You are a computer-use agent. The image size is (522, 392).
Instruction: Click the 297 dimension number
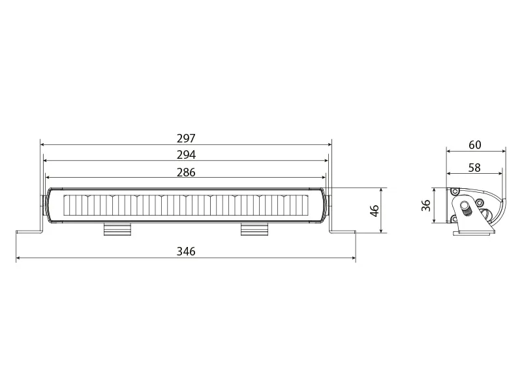coord(186,139)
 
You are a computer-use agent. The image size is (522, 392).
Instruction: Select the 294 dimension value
coord(186,155)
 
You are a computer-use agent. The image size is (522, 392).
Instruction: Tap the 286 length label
coord(186,172)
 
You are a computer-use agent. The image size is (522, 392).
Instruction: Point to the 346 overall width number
coord(186,252)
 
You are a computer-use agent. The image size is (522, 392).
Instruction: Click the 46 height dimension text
coord(375,210)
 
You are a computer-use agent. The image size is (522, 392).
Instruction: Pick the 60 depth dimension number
coord(475,144)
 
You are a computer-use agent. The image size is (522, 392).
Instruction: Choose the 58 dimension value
coord(474,168)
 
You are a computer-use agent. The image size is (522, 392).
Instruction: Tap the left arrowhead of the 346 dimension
coord(18,259)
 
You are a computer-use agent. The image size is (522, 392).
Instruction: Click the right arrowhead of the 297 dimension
coord(330,145)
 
